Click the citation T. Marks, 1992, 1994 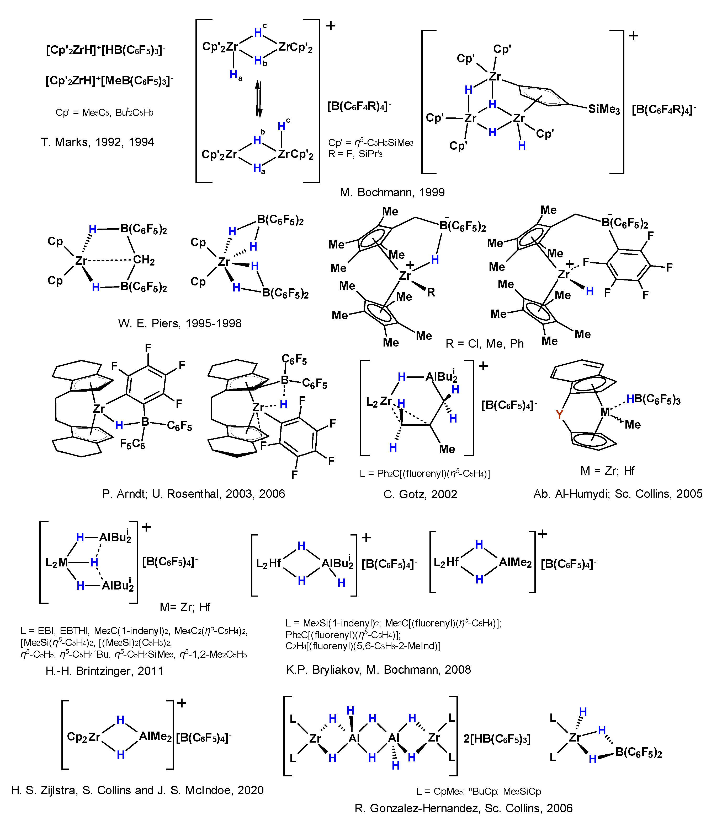click(97, 142)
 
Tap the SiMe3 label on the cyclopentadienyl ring click(604, 109)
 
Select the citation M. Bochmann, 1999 click(392, 192)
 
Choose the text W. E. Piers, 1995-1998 click(180, 323)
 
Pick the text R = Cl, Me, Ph click(485, 343)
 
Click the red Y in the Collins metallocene click(559, 415)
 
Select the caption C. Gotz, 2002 click(420, 494)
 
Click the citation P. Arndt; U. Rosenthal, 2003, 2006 click(194, 494)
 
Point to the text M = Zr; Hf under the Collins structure click(607, 471)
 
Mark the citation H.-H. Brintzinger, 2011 click(104, 670)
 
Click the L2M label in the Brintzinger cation click(56, 563)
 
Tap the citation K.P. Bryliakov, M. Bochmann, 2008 click(378, 669)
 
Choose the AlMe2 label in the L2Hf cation click(515, 562)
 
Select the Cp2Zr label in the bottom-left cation click(83, 737)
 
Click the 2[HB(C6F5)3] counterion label click(497, 738)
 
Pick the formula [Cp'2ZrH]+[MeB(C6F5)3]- click(109, 81)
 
